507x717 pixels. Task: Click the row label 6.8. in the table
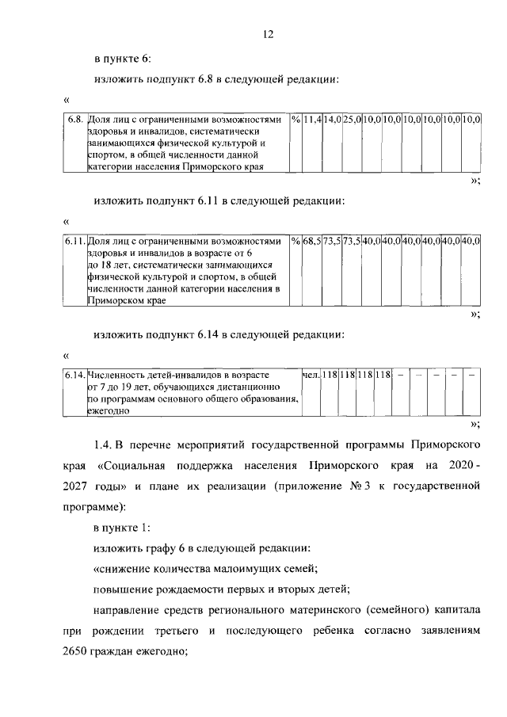click(x=74, y=120)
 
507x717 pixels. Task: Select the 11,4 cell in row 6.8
click(x=312, y=120)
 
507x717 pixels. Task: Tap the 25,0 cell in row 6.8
click(x=352, y=120)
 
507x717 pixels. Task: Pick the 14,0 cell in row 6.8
click(x=332, y=120)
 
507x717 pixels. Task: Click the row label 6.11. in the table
click(x=74, y=240)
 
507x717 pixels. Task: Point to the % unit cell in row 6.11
click(x=295, y=240)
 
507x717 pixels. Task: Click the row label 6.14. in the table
click(x=74, y=374)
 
